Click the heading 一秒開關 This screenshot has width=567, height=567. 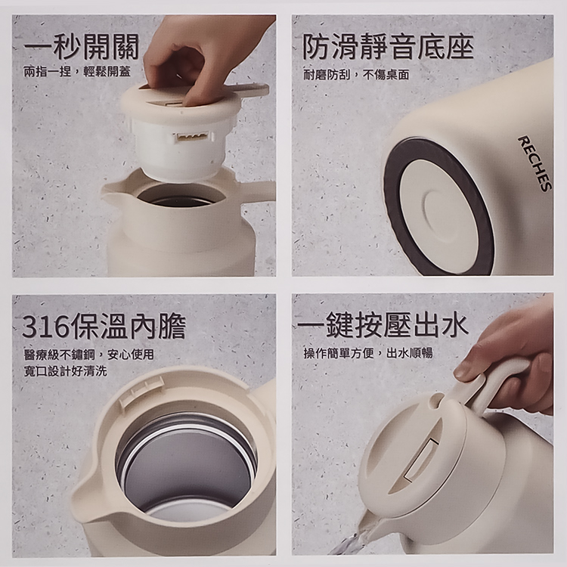(82, 47)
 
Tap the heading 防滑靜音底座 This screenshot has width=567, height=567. (388, 47)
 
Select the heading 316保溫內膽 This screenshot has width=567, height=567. (104, 326)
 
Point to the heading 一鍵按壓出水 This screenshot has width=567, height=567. (383, 324)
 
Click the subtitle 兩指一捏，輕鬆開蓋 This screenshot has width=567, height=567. (77, 72)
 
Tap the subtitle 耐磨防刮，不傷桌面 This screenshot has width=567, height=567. (356, 75)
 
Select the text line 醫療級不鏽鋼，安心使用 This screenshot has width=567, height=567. (89, 355)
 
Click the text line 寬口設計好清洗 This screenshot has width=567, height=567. (66, 371)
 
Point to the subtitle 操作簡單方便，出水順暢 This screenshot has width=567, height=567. (368, 353)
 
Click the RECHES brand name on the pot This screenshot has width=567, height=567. (535, 163)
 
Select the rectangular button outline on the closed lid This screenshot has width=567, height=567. (421, 461)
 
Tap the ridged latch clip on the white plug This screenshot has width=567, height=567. (191, 137)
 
